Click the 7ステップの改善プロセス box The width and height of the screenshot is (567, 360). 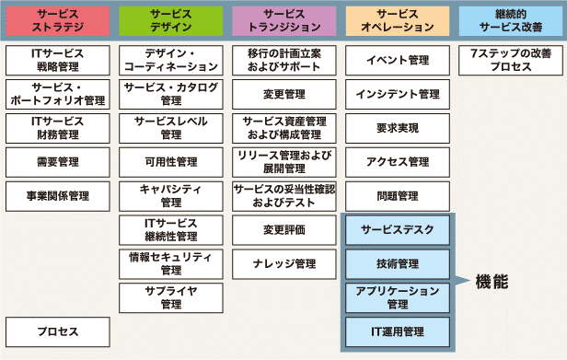(511, 60)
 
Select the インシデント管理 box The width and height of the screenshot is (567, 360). (397, 94)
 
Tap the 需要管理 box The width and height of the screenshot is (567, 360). (57, 162)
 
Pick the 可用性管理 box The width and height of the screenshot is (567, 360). (170, 162)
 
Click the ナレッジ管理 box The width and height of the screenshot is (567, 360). (283, 263)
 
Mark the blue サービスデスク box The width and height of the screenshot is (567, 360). (397, 229)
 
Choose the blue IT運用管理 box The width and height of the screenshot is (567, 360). (397, 331)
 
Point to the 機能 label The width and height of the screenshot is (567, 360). (492, 281)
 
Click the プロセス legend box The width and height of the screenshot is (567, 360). (57, 331)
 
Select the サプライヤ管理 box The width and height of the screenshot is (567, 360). (170, 297)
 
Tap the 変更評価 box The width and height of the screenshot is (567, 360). (283, 229)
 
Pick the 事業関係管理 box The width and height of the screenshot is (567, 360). (57, 196)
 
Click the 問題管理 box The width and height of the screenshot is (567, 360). (397, 196)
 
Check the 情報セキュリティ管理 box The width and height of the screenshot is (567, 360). (170, 263)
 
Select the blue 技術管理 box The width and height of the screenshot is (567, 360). (397, 263)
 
